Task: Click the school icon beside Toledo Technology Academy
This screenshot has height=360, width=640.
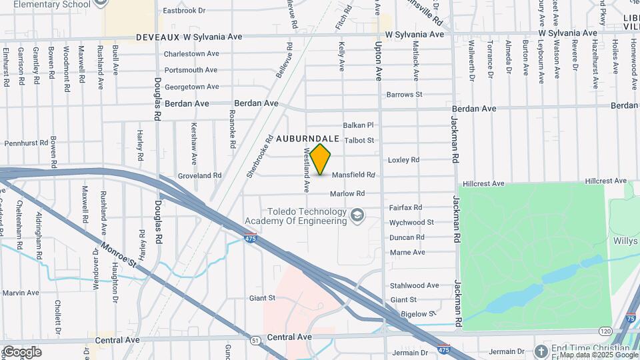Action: click(358, 215)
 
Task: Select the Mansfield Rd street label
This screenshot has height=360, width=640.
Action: click(358, 175)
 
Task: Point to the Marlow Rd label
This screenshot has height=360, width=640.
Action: click(347, 193)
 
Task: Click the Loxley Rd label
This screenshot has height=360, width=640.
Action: click(403, 160)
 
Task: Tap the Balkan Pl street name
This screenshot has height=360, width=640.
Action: click(359, 125)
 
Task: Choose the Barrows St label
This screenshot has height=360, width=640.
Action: click(405, 95)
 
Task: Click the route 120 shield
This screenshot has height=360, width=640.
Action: click(605, 331)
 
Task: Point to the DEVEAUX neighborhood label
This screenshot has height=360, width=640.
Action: click(161, 37)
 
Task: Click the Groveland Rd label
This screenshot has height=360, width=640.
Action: click(199, 175)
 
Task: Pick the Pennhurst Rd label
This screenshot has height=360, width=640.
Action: click(27, 143)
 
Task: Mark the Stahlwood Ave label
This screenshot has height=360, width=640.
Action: click(415, 285)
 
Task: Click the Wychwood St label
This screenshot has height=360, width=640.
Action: click(412, 222)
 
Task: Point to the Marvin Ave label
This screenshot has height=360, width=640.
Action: click(22, 293)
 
